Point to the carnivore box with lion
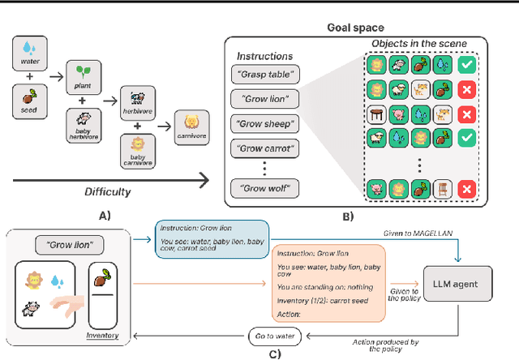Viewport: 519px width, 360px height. [192, 123]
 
